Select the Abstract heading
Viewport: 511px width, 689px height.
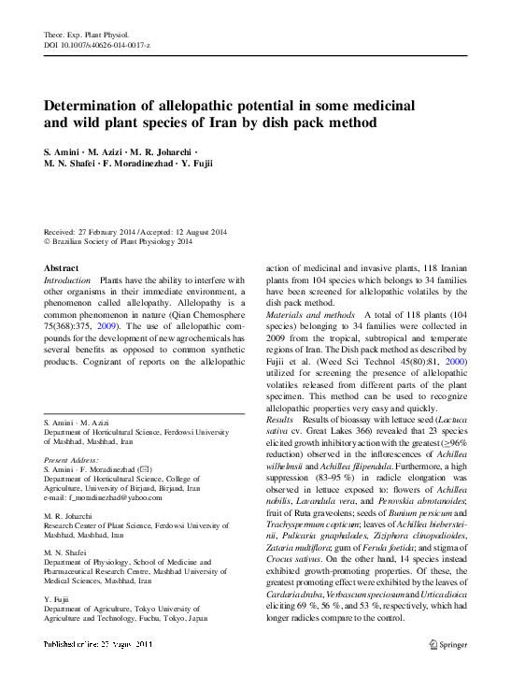pos(63,267)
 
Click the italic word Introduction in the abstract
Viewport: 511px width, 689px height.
pos(68,280)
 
